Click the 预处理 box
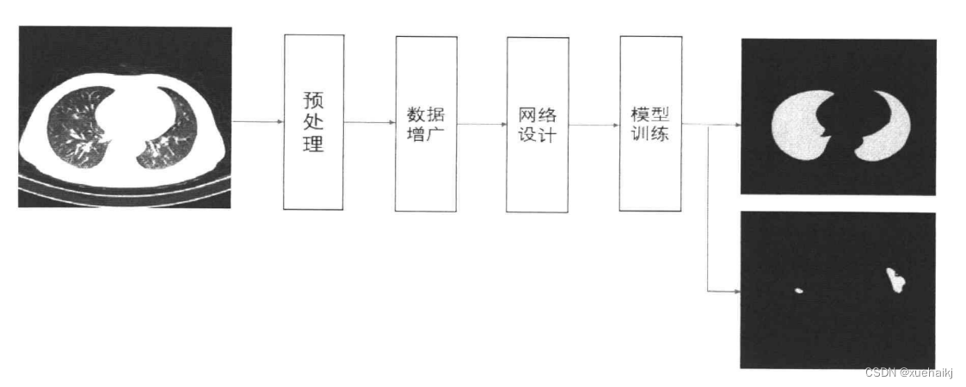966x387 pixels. tap(313, 121)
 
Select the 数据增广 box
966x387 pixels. tap(425, 123)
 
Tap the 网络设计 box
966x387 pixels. tap(536, 123)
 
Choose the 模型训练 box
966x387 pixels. tap(649, 123)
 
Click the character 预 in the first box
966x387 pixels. tap(313, 99)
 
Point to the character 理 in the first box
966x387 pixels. tap(313, 144)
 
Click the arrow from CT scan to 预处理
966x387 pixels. tap(257, 122)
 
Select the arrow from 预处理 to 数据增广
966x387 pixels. tap(369, 122)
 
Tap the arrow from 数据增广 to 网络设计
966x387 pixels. tap(481, 124)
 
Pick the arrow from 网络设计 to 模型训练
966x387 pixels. tap(593, 125)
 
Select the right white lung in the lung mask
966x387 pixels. tap(886, 129)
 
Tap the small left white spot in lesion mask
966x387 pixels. tap(799, 291)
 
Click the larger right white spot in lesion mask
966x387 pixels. tap(896, 280)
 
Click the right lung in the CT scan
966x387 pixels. tap(172, 129)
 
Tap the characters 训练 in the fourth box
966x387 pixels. tap(649, 135)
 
